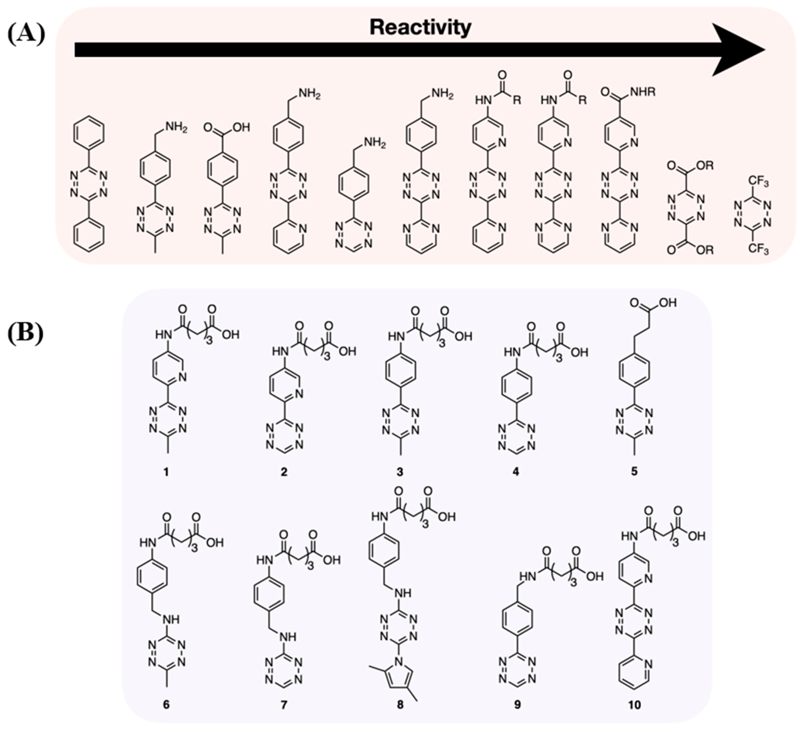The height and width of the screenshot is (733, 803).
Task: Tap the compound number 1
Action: coord(166,472)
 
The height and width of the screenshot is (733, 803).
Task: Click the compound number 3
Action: coord(400,472)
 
